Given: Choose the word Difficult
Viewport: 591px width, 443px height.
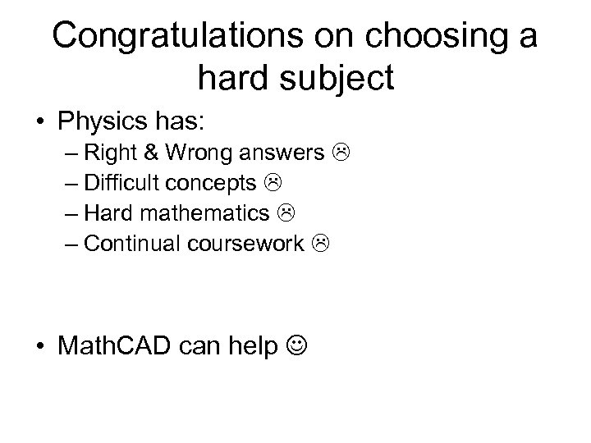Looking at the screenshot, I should pyautogui.click(x=119, y=182).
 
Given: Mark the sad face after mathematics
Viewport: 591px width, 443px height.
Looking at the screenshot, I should pyautogui.click(x=286, y=212).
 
